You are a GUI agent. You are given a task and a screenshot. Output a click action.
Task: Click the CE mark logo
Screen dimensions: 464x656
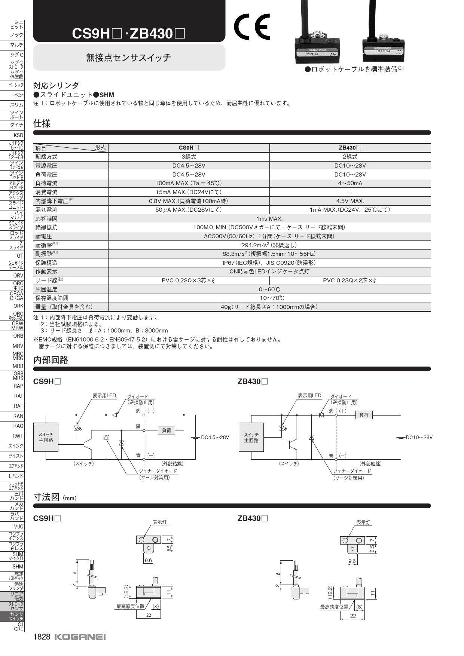pos(251,27)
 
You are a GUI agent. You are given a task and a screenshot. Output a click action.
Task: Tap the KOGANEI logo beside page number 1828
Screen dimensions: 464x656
pos(80,637)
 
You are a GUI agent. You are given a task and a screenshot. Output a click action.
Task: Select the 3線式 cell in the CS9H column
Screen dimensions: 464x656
pos(189,157)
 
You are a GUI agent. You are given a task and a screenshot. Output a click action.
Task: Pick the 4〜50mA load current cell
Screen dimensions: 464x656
pos(350,183)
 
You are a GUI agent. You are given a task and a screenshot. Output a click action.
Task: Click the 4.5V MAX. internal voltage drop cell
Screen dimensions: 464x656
pos(350,201)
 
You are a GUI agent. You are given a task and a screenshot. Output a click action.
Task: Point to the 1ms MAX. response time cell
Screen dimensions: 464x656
pos(269,218)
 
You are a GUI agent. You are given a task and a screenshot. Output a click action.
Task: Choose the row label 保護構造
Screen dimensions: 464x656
pos(46,263)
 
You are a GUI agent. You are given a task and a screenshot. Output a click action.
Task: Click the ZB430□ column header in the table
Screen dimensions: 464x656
pos(350,148)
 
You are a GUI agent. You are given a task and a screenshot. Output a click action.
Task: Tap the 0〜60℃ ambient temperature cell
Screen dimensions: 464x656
pos(269,289)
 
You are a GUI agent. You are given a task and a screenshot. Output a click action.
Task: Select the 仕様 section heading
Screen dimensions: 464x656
pos(42,123)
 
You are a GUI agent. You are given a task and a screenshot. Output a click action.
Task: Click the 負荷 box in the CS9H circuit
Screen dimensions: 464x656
pos(166,430)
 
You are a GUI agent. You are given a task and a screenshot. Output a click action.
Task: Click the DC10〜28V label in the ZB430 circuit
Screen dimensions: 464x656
pos(419,438)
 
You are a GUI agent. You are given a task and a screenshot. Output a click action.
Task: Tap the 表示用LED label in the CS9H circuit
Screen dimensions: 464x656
pos(104,396)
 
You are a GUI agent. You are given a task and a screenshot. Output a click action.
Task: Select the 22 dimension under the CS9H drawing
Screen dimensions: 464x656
pos(149,615)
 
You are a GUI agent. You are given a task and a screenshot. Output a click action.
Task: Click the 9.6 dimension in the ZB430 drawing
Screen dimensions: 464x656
pos(352,561)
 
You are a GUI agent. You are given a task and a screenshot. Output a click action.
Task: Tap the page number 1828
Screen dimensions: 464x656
pos(42,637)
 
